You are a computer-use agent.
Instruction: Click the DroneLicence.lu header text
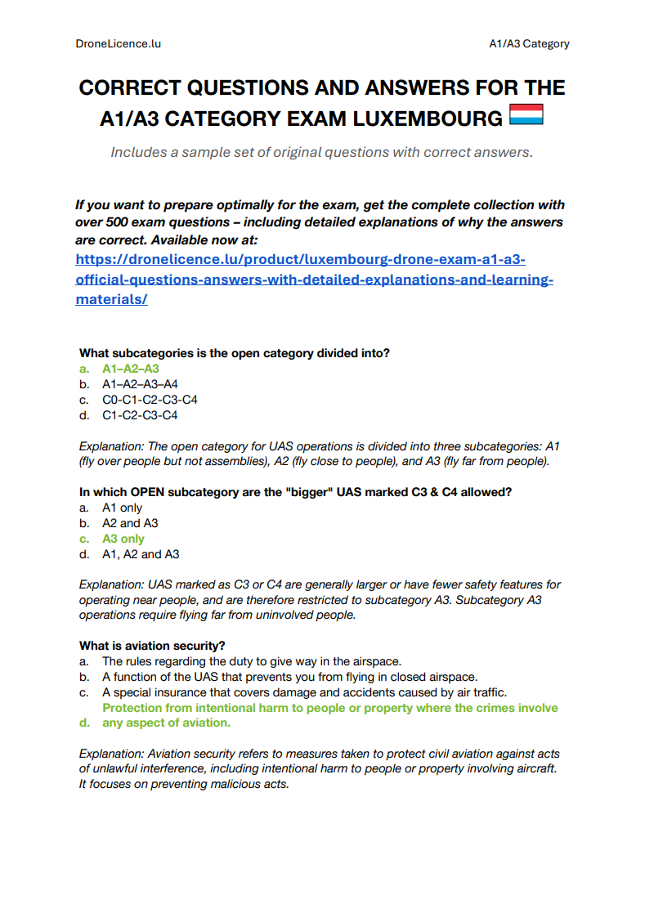coord(118,43)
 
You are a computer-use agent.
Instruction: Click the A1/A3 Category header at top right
coord(528,43)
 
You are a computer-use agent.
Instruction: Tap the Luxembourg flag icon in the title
coord(526,116)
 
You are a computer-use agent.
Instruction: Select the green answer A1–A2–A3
coord(130,369)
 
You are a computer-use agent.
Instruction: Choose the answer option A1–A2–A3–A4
coord(140,384)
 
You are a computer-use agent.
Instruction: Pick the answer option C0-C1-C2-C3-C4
coord(150,400)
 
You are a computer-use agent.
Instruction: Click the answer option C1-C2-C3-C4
coord(140,415)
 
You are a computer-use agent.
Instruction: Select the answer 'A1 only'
coord(122,508)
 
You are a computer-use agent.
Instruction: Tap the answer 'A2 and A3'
coord(130,523)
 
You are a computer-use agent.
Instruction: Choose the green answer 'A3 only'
coord(123,539)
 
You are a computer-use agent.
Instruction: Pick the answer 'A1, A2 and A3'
coord(141,554)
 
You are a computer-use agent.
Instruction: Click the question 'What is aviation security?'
coord(152,646)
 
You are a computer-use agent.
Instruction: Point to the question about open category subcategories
coord(235,353)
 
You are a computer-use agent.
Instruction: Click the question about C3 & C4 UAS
coord(295,492)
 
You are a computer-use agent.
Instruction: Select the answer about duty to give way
coord(252,661)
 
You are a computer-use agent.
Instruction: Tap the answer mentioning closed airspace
coord(289,677)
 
